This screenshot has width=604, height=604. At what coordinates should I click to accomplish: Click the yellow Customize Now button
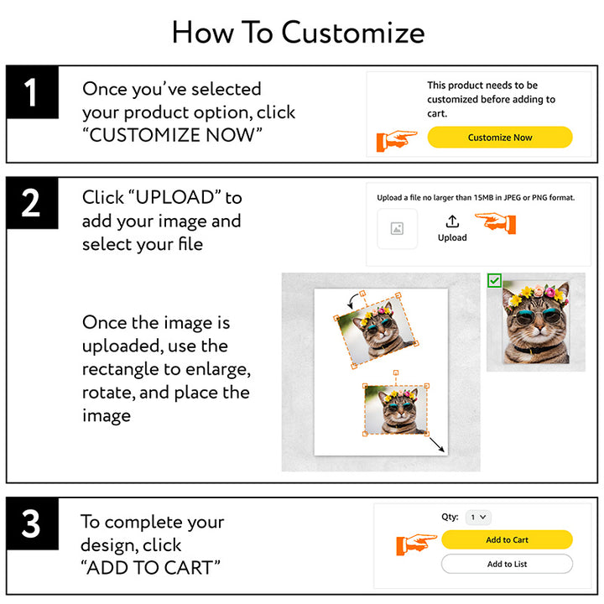[500, 137]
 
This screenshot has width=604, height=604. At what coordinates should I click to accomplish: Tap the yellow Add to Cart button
[507, 539]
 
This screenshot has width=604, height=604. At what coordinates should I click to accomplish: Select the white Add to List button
[507, 564]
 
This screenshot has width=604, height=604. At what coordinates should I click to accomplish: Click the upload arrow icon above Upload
[452, 221]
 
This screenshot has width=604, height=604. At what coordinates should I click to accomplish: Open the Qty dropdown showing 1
[478, 517]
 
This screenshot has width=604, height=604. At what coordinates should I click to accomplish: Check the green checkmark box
[494, 280]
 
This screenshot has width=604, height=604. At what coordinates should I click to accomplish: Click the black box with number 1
[33, 92]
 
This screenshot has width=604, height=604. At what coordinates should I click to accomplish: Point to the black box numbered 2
[33, 203]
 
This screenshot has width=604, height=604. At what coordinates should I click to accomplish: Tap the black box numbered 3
[33, 523]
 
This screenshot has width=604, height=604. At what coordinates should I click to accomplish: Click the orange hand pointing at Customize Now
[396, 141]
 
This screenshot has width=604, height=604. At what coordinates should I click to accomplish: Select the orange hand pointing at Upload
[496, 222]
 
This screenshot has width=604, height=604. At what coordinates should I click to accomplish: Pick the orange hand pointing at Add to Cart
[416, 544]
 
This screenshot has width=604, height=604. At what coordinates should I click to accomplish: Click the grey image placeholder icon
[397, 228]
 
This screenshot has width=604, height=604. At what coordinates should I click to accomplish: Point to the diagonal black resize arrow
[437, 444]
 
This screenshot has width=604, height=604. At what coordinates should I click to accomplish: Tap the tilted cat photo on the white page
[376, 331]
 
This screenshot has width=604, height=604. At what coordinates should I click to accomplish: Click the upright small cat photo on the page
[396, 410]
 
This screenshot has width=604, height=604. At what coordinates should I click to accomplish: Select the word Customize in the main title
[353, 33]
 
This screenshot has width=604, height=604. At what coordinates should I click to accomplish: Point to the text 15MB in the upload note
[483, 198]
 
